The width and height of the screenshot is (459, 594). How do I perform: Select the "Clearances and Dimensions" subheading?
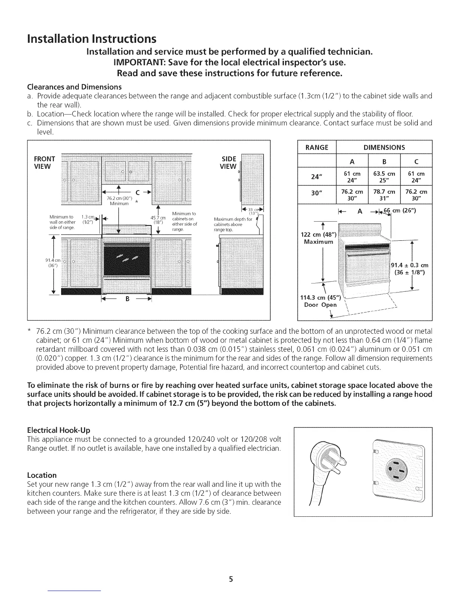click(75, 87)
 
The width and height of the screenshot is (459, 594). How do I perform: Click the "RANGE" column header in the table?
click(317, 147)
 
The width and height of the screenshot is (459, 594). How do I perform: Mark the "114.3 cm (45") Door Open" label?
click(319, 301)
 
